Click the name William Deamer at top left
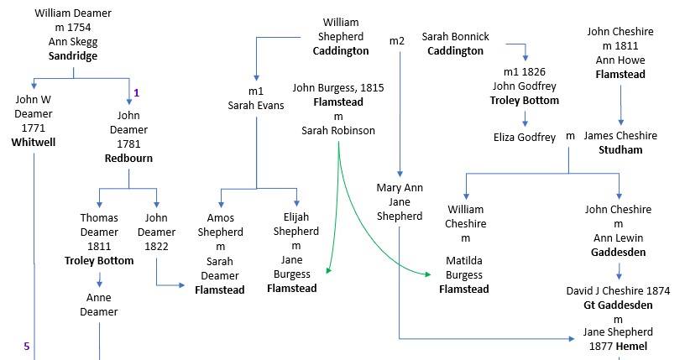pos(74,14)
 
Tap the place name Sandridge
pos(74,57)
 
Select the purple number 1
pos(136,91)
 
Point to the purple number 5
pos(26,346)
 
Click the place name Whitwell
pos(34,143)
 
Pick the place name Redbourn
pos(128,158)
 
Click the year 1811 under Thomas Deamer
pos(99,247)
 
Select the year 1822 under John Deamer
pos(156,247)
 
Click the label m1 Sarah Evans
pos(256,98)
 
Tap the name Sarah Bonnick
pos(455,37)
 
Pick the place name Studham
pos(620,150)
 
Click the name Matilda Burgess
pos(464,268)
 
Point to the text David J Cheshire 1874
pos(619,291)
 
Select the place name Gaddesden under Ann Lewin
pos(619,252)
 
